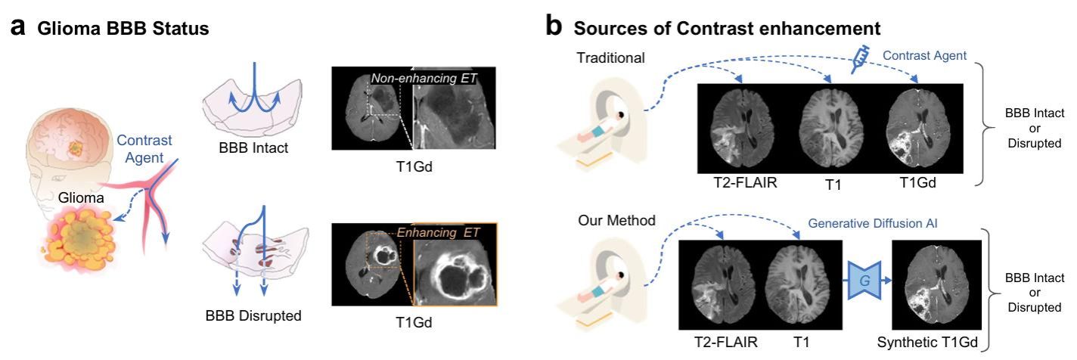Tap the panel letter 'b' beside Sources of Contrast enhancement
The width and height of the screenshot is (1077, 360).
[554, 27]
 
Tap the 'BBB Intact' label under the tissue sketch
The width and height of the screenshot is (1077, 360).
[252, 147]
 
